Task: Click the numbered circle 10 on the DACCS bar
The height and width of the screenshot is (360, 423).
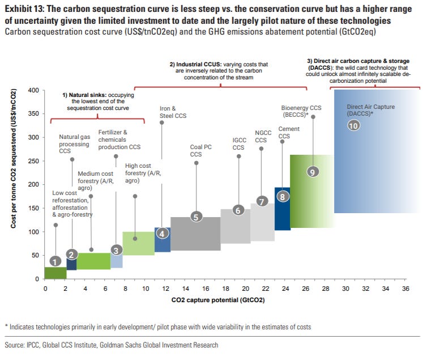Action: (x=354, y=126)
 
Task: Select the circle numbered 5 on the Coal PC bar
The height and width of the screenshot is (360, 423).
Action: (x=195, y=216)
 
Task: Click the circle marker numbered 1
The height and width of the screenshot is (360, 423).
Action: (x=54, y=261)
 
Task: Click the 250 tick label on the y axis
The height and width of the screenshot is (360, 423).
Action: (x=33, y=161)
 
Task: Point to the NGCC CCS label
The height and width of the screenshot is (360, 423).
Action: (x=260, y=136)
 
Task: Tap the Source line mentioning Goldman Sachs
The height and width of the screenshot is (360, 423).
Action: (x=111, y=345)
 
